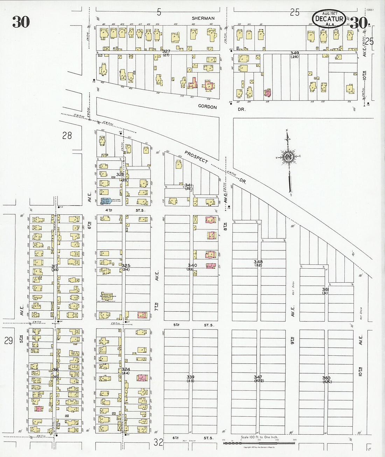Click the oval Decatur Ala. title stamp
pyautogui.click(x=329, y=19)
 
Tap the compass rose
pyautogui.click(x=289, y=157)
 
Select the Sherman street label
pyautogui.click(x=203, y=18)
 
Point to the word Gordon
pyautogui.click(x=208, y=107)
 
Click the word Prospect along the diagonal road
pyautogui.click(x=196, y=157)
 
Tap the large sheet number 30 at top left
pyautogui.click(x=21, y=22)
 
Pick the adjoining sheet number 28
pyautogui.click(x=67, y=135)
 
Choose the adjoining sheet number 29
pyautogui.click(x=8, y=340)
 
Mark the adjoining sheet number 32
pyautogui.click(x=158, y=442)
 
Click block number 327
pyautogui.click(x=166, y=51)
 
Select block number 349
pyautogui.click(x=294, y=53)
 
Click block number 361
pyautogui.click(x=325, y=289)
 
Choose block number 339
pyautogui.click(x=190, y=377)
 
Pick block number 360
pyautogui.click(x=326, y=378)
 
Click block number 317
pyautogui.click(x=55, y=266)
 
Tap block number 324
pyautogui.click(x=126, y=369)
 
